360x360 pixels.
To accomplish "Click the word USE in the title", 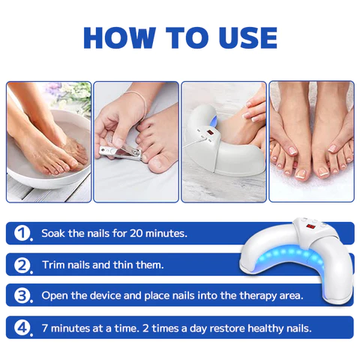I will (241, 37).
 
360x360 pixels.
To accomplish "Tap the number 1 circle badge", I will (22, 233).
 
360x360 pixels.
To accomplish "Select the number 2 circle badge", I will (22, 265).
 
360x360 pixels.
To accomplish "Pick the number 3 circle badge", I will (22, 295).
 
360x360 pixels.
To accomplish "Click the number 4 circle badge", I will (22, 327).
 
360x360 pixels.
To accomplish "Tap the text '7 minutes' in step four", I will (67, 327).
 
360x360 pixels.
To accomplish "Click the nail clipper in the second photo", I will (120, 154).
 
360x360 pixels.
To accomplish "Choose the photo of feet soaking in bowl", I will (49, 142).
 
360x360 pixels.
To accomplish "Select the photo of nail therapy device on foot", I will (223, 142).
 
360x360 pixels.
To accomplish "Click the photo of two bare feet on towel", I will (310, 142).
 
